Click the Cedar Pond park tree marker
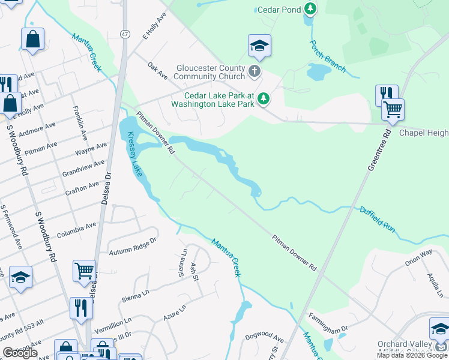point(310,9)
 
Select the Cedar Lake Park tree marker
point(263,98)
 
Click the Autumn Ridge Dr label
point(136,242)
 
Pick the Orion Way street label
point(418,259)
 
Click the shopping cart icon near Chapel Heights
point(393,109)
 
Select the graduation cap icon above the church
point(259,45)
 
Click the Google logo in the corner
point(20,353)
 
